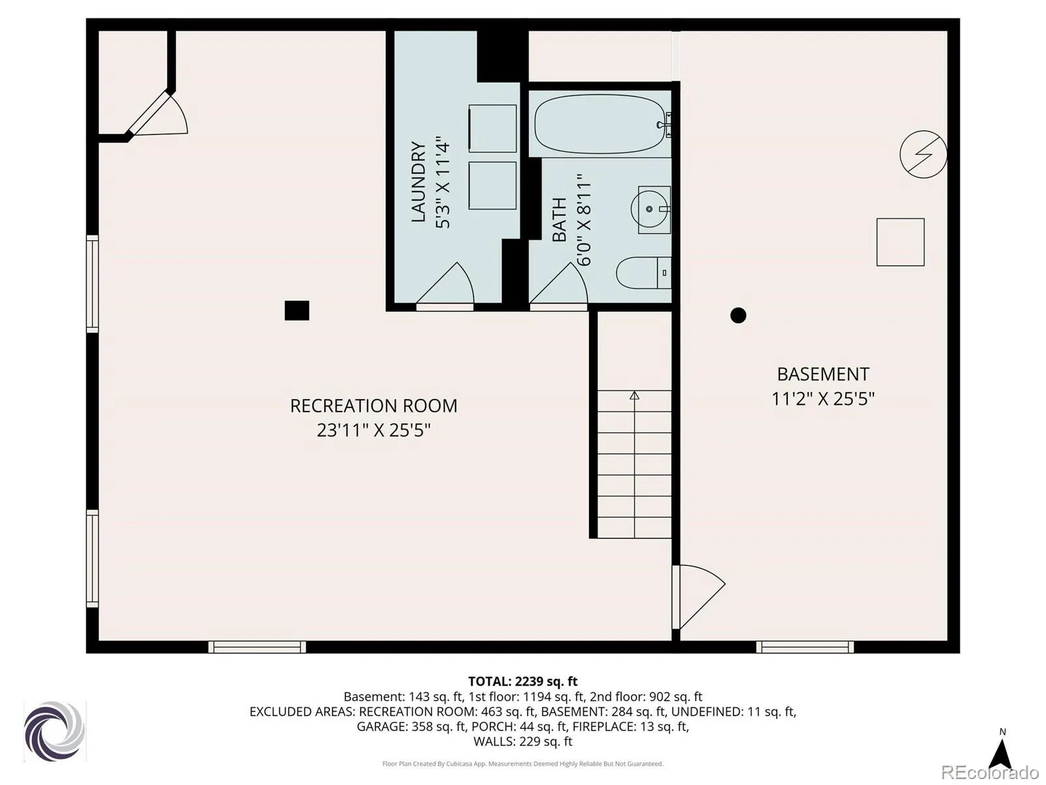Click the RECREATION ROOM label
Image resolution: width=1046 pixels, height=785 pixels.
tap(373, 406)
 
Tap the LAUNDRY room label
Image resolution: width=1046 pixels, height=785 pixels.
tap(418, 182)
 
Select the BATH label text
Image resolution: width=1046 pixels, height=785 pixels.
tap(560, 220)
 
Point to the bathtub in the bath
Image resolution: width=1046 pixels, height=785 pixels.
tap(600, 124)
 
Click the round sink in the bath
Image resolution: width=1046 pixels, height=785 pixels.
tap(649, 209)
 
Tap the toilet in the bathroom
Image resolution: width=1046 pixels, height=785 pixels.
tap(643, 273)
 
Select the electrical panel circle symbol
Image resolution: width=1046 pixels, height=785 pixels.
tap(923, 154)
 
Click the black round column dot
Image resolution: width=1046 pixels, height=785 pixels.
tap(738, 315)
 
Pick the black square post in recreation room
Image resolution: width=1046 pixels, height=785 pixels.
tap(296, 310)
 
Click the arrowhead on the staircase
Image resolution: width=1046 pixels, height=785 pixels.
tap(634, 395)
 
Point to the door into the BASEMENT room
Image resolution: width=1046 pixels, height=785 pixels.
tap(698, 597)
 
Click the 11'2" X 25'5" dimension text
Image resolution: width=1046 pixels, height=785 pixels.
tap(823, 398)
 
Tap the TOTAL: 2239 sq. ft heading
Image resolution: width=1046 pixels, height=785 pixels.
tap(523, 681)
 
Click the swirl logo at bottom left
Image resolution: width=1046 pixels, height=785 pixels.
tap(54, 731)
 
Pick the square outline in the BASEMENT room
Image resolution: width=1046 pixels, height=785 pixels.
tap(900, 242)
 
